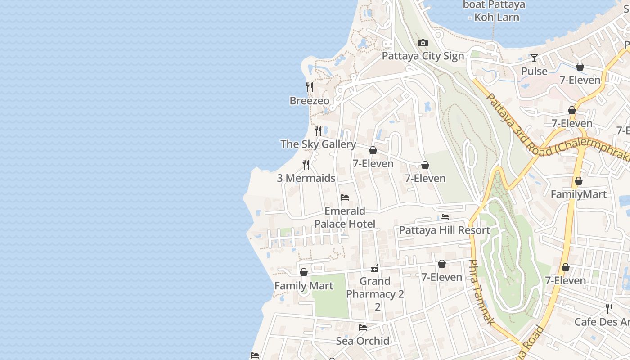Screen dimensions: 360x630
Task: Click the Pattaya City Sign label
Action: click(423, 56)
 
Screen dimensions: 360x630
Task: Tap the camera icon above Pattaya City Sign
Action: click(423, 43)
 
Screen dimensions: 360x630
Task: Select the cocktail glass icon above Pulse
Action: click(534, 58)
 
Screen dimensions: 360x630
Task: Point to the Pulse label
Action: click(534, 71)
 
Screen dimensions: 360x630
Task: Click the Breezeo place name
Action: click(310, 100)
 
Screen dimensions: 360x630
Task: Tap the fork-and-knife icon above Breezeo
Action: click(310, 87)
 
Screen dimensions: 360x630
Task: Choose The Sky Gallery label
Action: click(318, 144)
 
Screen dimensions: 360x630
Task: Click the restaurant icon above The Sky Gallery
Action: click(318, 130)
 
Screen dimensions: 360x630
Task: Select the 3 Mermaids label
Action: click(306, 178)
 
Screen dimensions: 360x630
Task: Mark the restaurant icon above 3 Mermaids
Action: click(306, 165)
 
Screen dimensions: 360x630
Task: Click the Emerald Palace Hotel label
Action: click(345, 217)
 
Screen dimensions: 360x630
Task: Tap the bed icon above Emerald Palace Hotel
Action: click(345, 198)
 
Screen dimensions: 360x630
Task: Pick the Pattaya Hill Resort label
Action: click(445, 230)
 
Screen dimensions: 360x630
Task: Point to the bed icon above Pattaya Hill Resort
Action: click(445, 217)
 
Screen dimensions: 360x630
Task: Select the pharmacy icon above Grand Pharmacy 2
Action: click(375, 268)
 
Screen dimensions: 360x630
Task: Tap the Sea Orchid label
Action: click(363, 341)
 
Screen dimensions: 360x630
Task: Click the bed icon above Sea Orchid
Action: click(363, 328)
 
